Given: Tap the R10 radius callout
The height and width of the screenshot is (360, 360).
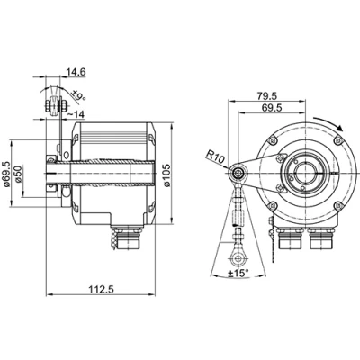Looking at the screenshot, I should pos(214,157).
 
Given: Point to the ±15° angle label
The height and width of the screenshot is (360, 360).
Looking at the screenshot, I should pos(238,274).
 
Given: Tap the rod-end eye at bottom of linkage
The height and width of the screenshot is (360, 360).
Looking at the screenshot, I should pos(237,244).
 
